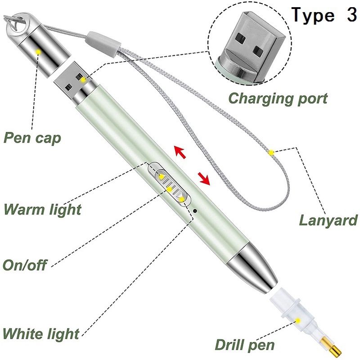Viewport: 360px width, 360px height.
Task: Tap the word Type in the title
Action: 314,15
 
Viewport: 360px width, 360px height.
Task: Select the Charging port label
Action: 278,98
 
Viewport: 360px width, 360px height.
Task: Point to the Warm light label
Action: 42,209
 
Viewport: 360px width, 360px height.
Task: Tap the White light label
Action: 41,334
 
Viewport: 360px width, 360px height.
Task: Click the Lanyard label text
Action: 328,220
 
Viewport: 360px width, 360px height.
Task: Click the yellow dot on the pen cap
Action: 39,52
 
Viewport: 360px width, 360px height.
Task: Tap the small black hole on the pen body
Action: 195,210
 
